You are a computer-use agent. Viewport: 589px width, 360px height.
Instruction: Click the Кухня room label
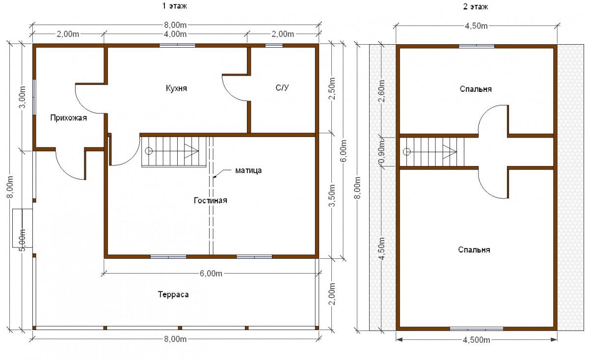(176, 88)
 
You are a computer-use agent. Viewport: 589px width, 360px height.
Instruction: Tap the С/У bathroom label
(282, 87)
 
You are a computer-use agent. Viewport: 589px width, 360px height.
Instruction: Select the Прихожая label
(68, 118)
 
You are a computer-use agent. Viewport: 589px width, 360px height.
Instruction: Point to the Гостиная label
(211, 200)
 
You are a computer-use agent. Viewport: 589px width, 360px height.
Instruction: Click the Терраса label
(173, 294)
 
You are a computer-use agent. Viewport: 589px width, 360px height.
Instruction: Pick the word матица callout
(248, 170)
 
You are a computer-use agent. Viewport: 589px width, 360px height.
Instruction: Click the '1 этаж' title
(174, 6)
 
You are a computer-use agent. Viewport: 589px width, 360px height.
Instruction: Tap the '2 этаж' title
(476, 6)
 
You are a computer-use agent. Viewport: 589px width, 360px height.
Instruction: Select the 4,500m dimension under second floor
(477, 340)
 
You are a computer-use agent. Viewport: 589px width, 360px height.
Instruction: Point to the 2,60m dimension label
(381, 91)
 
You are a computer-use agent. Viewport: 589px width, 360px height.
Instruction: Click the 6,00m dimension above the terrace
(211, 274)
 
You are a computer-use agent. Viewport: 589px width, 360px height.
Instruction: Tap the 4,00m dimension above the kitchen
(175, 34)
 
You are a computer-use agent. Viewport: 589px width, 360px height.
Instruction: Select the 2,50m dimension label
(332, 88)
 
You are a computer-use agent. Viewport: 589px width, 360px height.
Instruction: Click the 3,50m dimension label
(332, 195)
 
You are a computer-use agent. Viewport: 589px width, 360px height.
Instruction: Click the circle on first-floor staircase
(149, 151)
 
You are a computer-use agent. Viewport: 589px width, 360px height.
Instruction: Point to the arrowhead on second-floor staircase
(450, 152)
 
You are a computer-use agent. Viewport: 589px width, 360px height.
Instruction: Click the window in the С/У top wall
(274, 46)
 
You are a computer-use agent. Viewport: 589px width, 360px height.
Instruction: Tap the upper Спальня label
(476, 89)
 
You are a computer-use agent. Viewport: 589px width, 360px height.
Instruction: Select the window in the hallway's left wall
(34, 97)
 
